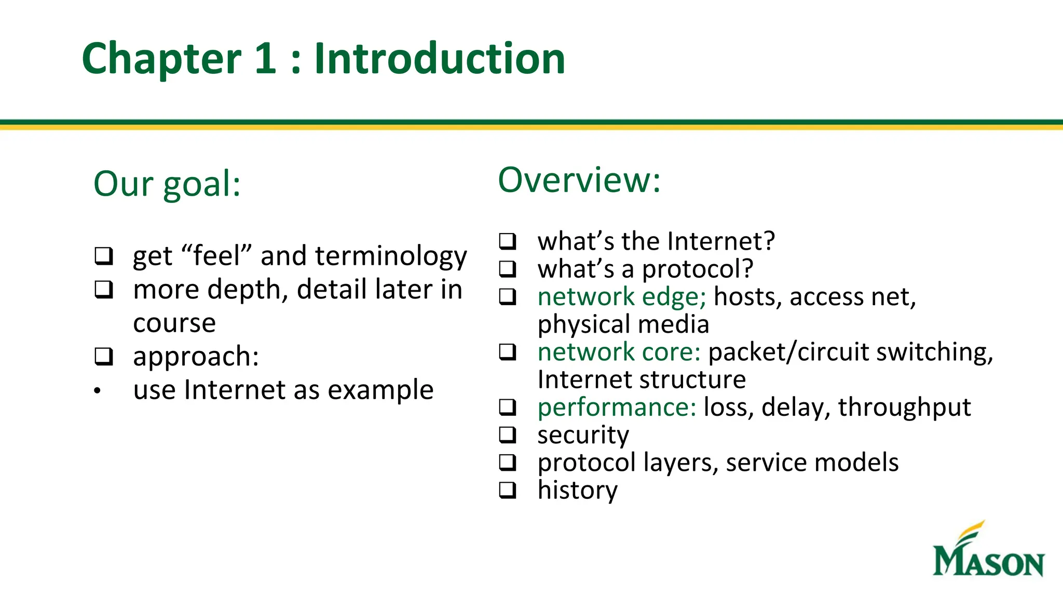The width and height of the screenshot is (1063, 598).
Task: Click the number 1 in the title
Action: pos(265,58)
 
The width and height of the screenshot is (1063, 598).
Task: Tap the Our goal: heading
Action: pos(167,184)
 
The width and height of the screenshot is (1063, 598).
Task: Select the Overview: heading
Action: pos(579,180)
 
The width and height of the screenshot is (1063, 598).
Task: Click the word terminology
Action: pos(390,256)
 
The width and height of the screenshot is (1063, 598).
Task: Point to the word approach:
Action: pos(196,357)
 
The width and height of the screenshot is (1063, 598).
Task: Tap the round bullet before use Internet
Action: pos(97,391)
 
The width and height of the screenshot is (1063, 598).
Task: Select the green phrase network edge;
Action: pos(621,297)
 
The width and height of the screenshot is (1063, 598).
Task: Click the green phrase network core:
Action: pos(619,352)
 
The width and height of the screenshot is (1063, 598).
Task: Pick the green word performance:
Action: pos(616,407)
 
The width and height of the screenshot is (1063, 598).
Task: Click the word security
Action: pos(583,435)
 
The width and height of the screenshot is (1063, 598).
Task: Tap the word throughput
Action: pos(904,407)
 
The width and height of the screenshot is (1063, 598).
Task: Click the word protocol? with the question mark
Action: pos(697,269)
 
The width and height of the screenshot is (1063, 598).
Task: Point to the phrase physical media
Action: pos(623,324)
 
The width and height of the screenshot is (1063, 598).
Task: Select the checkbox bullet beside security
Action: pos(507,435)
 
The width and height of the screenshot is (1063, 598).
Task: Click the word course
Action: pos(174,323)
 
